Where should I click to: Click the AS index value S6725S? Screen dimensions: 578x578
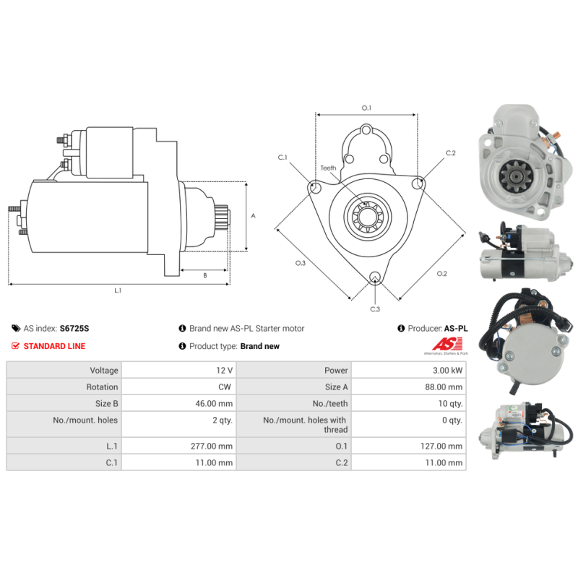pyautogui.click(x=74, y=328)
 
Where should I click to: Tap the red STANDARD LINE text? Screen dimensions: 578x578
pyautogui.click(x=54, y=346)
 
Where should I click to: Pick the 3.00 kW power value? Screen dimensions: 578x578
pyautogui.click(x=447, y=370)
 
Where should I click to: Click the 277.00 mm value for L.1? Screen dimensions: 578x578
pyautogui.click(x=212, y=446)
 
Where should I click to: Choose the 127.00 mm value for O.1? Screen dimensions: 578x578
pyautogui.click(x=441, y=446)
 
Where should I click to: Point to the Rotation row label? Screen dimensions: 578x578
pyautogui.click(x=102, y=387)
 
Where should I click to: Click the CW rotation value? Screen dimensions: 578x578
pyautogui.click(x=225, y=387)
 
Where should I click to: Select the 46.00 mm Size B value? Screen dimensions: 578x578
pyautogui.click(x=214, y=404)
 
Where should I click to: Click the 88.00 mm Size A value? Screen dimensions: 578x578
pyautogui.click(x=444, y=387)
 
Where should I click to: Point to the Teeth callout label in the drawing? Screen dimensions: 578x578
pyautogui.click(x=328, y=168)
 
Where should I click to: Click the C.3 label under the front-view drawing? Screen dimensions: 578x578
pyautogui.click(x=375, y=309)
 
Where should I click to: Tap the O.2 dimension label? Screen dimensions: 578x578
pyautogui.click(x=441, y=274)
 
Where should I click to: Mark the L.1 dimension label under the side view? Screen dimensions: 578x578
pyautogui.click(x=118, y=290)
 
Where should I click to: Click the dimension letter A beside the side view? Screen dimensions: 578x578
pyautogui.click(x=254, y=215)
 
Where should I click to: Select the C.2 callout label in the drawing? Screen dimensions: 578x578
pyautogui.click(x=450, y=153)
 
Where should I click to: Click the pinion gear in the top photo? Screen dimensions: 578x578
pyautogui.click(x=516, y=176)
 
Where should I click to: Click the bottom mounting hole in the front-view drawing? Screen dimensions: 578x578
pyautogui.click(x=375, y=277)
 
